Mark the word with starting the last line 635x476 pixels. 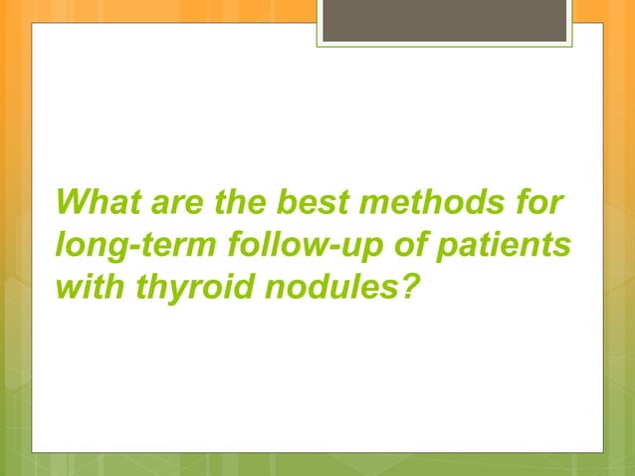[87, 286]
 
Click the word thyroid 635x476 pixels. [177, 286]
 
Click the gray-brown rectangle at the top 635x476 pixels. [445, 20]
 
